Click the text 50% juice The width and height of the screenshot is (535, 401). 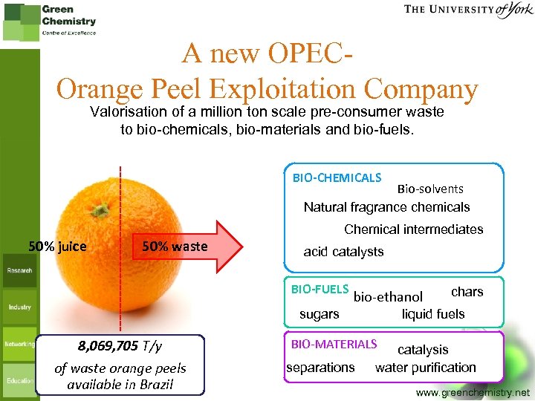57,247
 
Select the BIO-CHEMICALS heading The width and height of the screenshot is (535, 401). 337,178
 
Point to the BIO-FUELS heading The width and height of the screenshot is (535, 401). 320,289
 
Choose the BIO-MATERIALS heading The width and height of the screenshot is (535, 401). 334,345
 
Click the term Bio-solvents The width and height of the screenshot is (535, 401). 430,189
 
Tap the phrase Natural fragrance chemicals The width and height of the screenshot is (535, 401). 386,207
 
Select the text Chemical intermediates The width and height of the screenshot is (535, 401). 413,229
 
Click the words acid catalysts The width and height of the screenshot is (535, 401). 343,252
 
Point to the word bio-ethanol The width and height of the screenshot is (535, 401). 388,297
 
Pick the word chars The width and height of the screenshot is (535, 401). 467,292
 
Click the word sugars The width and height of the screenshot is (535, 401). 319,314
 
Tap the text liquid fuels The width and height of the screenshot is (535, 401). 433,314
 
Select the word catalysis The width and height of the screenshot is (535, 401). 423,349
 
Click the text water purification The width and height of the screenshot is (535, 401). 425,368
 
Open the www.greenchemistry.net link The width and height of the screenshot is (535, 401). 473,391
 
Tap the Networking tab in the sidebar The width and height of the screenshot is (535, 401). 19,344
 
